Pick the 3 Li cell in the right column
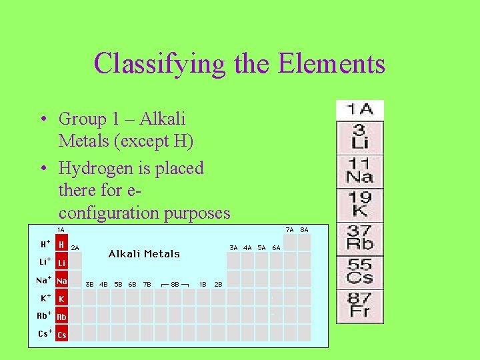(x=359, y=137)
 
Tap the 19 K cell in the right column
(x=359, y=205)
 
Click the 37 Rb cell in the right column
(x=359, y=239)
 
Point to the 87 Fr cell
(x=359, y=305)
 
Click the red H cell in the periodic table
(x=61, y=245)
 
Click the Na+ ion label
(x=43, y=281)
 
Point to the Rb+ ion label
(x=44, y=316)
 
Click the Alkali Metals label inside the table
(x=144, y=254)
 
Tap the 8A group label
(x=304, y=229)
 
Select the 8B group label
(x=175, y=284)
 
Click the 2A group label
(x=75, y=247)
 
